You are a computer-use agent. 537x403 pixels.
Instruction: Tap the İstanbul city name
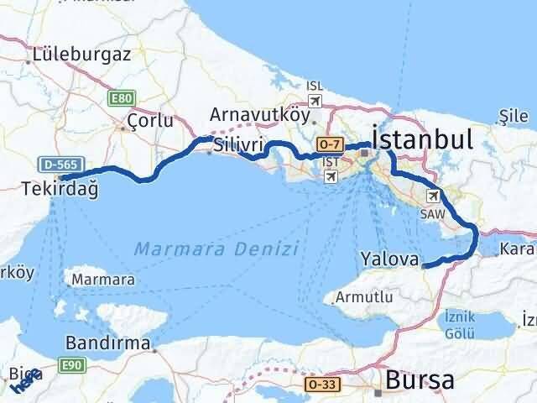coord(422,139)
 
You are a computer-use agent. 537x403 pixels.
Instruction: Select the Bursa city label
coord(420,380)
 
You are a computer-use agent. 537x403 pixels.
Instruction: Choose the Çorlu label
coord(150,122)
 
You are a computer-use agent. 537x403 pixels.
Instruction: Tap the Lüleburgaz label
coord(82,56)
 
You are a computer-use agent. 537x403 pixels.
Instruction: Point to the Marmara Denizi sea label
coord(216,249)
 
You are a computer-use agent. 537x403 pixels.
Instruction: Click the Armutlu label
coord(363,297)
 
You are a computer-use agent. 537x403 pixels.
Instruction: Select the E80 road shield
coord(121,99)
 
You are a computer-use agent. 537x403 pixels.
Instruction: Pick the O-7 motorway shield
coord(331,144)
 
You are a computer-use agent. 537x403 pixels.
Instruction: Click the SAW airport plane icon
coord(433,196)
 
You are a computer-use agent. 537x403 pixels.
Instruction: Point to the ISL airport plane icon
coord(315,102)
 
